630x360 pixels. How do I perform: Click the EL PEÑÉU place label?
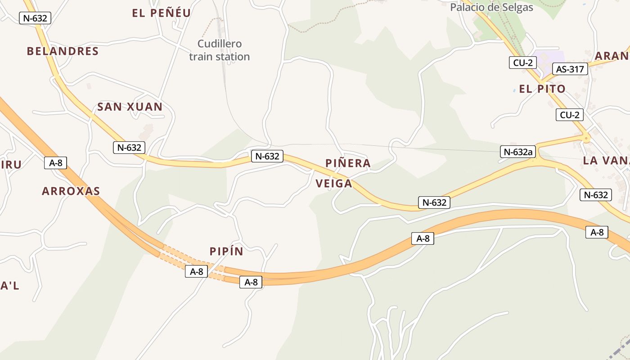[x=162, y=13]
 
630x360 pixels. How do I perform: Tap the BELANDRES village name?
[x=63, y=51]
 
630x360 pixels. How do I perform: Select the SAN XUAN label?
[x=130, y=107]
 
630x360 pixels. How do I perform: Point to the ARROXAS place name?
[x=71, y=191]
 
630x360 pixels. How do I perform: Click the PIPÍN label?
[x=226, y=252]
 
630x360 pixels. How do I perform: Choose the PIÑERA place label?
[x=348, y=163]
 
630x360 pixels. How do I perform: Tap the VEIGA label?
[x=333, y=184]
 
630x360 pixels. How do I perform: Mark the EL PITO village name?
[x=542, y=89]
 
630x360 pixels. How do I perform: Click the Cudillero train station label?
[x=219, y=50]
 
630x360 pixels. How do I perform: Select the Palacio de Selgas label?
[x=491, y=7]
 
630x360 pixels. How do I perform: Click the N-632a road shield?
[x=518, y=152]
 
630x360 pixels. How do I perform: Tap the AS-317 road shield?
[x=570, y=69]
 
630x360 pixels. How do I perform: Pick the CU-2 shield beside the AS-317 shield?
[x=522, y=63]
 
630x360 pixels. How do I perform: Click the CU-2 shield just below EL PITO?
[x=569, y=115]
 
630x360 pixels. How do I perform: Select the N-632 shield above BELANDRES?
[x=35, y=18]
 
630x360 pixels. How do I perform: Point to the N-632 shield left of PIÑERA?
[x=267, y=156]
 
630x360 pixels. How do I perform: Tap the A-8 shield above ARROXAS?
[x=55, y=163]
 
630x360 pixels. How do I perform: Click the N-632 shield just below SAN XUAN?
[x=129, y=147]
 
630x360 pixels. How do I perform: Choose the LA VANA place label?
[x=606, y=161]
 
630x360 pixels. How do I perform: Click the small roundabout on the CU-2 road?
[x=586, y=139]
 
